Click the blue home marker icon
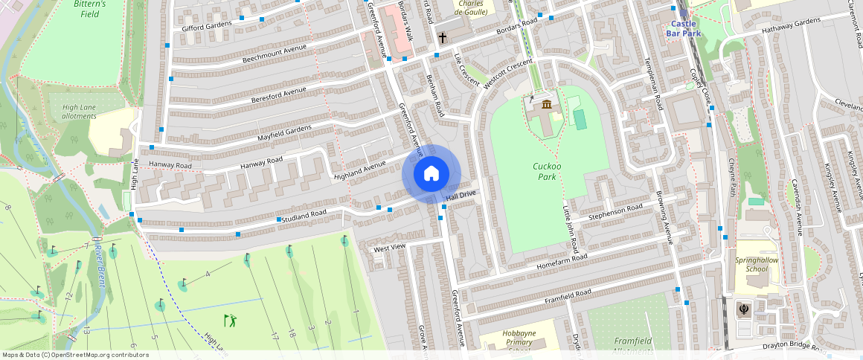[x=431, y=174]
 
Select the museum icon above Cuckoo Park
[x=547, y=105]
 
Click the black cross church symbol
[x=442, y=37]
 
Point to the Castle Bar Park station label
[x=682, y=28]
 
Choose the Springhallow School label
[x=751, y=264]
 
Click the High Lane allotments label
[x=79, y=112]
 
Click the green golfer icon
[x=231, y=321]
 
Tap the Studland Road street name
[x=304, y=216]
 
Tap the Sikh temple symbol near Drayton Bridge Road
[x=742, y=308]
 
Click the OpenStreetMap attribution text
[x=76, y=355]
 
